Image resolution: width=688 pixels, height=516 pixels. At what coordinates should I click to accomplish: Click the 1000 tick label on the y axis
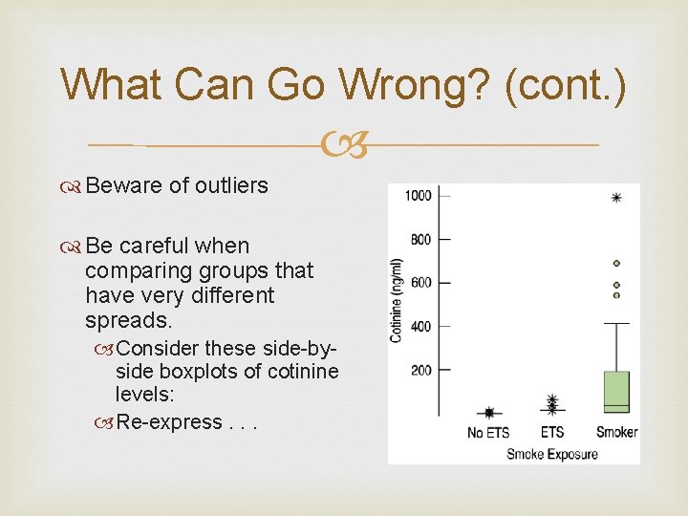[419, 196]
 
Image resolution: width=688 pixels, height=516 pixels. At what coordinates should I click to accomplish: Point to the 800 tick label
[421, 239]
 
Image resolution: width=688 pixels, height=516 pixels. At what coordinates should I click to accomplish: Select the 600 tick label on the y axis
[421, 283]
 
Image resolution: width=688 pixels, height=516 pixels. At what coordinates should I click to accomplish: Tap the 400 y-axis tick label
[421, 327]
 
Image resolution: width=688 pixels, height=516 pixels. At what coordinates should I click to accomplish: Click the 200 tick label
[421, 370]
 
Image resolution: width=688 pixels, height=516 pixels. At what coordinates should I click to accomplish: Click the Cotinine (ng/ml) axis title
[396, 300]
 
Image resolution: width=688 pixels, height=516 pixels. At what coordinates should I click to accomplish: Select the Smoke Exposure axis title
[551, 453]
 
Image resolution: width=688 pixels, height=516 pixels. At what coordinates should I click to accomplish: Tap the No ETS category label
[488, 433]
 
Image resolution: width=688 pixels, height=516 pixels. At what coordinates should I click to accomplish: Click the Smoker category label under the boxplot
[616, 432]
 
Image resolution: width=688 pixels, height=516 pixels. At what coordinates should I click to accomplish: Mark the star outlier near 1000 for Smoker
[616, 198]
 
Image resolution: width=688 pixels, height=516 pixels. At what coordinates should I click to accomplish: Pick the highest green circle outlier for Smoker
[616, 263]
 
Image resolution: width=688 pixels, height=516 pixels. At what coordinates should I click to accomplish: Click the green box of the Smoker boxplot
[616, 392]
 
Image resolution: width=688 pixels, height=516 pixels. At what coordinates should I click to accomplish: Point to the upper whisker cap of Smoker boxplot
[616, 324]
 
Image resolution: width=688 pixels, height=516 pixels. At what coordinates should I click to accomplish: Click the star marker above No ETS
[489, 413]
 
